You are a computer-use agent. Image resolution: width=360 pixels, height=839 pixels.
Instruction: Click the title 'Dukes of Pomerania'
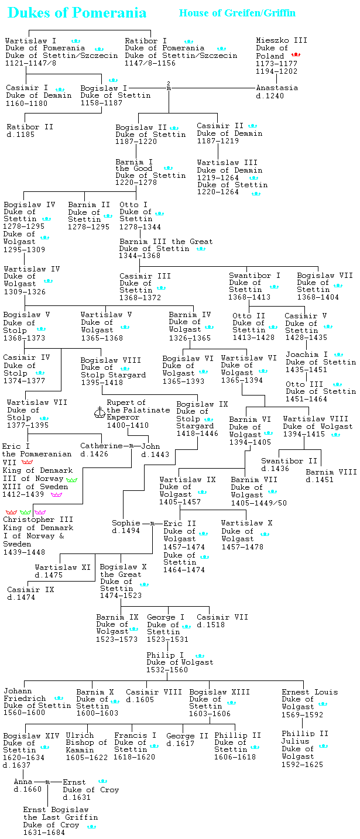pyautogui.click(x=77, y=13)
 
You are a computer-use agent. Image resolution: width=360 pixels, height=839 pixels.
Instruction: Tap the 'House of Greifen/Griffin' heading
pyautogui.click(x=237, y=13)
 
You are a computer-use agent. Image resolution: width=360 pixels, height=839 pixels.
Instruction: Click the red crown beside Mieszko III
pyautogui.click(x=296, y=54)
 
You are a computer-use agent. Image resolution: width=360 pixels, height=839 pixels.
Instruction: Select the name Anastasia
pyautogui.click(x=277, y=88)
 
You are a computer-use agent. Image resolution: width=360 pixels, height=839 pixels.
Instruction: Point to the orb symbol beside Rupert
pyautogui.click(x=98, y=413)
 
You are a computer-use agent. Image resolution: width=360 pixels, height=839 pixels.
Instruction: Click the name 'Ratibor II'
pyautogui.click(x=30, y=126)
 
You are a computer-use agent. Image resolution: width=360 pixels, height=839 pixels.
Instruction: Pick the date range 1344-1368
pyautogui.click(x=140, y=256)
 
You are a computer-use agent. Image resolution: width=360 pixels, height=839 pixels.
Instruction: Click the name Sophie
pyautogui.click(x=126, y=523)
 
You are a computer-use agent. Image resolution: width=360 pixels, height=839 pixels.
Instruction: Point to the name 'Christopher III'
pyautogui.click(x=38, y=520)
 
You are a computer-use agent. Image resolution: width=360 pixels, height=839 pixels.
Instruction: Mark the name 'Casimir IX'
pyautogui.click(x=30, y=590)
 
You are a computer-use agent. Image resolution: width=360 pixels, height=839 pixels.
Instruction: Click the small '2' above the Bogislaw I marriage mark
pyautogui.click(x=169, y=83)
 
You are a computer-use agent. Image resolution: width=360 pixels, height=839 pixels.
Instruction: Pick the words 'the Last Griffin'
pyautogui.click(x=60, y=817)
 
